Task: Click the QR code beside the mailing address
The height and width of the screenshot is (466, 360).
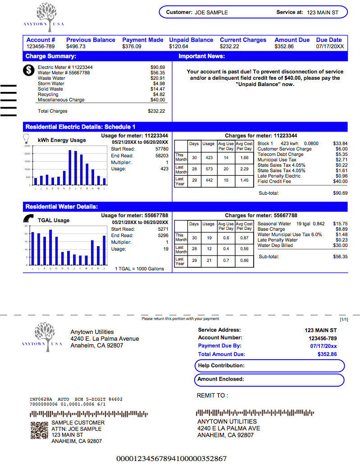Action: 39,430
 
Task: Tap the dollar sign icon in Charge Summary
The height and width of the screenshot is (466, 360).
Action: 29,70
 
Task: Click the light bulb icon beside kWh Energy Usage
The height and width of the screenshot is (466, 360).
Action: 27,138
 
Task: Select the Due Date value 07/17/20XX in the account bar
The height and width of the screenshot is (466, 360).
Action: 330,46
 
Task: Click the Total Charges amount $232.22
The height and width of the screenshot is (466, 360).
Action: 156,111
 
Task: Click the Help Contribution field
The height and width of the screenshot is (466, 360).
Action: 270,365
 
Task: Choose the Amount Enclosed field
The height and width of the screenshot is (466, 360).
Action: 270,379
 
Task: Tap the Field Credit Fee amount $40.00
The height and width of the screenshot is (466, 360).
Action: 340,182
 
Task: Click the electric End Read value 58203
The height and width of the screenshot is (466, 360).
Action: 161,155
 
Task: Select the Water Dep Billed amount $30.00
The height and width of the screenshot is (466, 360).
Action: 340,246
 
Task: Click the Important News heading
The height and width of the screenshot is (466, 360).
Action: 201,56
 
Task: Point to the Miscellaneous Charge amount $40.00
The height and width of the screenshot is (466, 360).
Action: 158,100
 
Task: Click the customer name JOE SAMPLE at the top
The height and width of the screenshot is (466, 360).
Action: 211,13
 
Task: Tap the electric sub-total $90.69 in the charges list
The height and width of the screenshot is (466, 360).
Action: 340,193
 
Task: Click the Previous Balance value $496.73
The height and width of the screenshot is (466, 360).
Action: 76,46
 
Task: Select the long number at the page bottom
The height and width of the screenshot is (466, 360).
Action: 171,459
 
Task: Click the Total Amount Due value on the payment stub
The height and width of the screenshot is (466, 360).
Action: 327,354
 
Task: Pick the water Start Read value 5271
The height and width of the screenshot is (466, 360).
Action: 163,229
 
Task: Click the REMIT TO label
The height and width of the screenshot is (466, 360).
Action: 213,396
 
